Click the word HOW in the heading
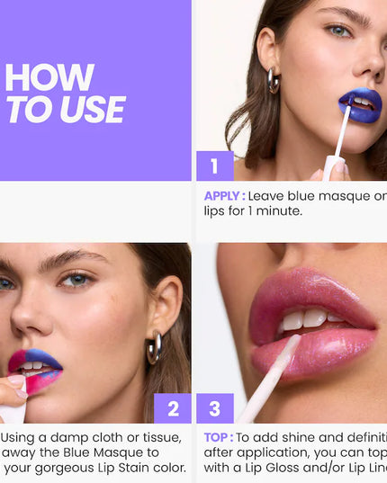click(49, 77)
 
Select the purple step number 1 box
click(214, 165)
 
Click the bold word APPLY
click(223, 195)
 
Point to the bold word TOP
click(218, 437)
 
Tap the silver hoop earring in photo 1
click(273, 79)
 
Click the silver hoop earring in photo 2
click(155, 346)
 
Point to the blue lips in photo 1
click(360, 106)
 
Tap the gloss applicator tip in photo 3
click(286, 347)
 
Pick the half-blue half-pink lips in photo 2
click(35, 369)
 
